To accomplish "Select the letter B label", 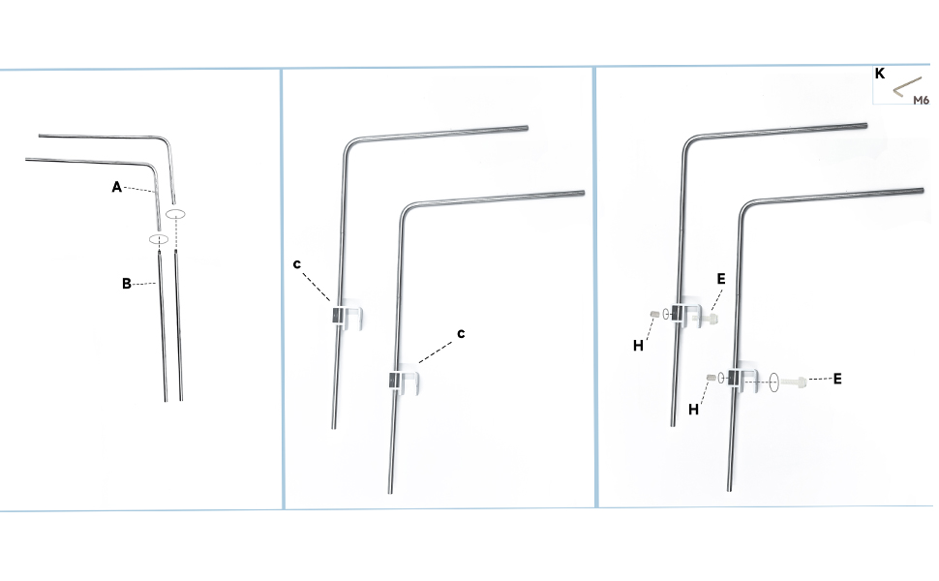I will [126, 284].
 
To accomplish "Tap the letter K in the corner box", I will [880, 74].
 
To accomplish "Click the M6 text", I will [921, 99].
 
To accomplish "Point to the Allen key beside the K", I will [907, 87].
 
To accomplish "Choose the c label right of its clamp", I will [461, 332].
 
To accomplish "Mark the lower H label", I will [693, 409].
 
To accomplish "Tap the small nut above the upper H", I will [655, 313].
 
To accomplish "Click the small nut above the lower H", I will [712, 378].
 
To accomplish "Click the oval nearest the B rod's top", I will [159, 238].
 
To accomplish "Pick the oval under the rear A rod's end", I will [175, 210].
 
